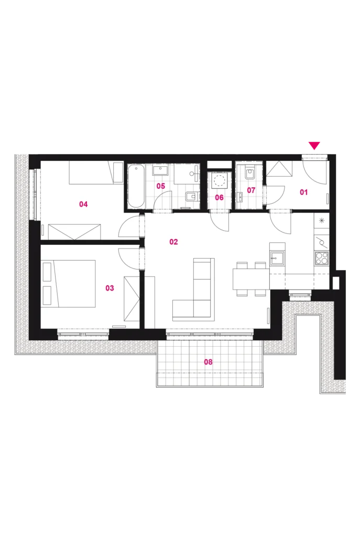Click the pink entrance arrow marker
[x=314, y=146]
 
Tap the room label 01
[x=303, y=192]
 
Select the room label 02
[x=174, y=242]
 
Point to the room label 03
[x=110, y=288]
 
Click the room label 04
[x=83, y=204]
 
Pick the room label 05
[x=160, y=186]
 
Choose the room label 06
[x=219, y=198]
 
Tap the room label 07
[x=251, y=190]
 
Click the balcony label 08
[x=208, y=362]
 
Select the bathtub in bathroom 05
[x=136, y=186]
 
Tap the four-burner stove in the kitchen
[x=321, y=258]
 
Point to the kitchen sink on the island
[x=277, y=258]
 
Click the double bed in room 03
[x=69, y=283]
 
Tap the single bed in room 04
[x=96, y=173]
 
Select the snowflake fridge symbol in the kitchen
[x=321, y=220]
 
